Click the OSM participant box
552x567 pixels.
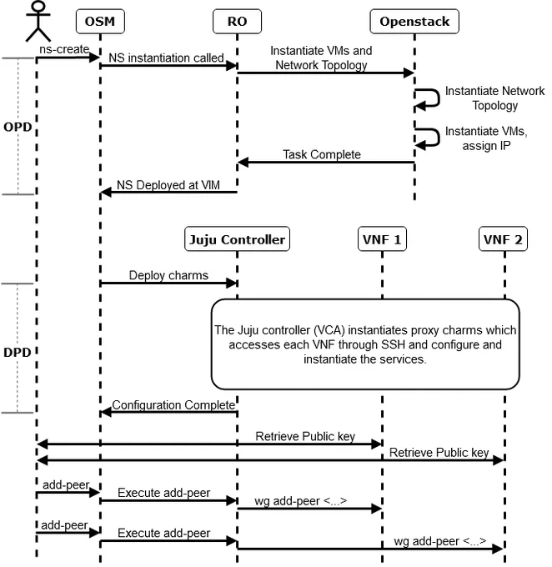pos(100,22)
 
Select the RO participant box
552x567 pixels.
pos(237,22)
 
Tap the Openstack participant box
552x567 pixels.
pos(414,22)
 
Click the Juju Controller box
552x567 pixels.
pos(237,239)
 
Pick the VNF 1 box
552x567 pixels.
pos(382,239)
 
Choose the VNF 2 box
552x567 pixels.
pos(503,239)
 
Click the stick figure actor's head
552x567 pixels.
pos(38,7)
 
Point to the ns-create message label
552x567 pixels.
pos(64,49)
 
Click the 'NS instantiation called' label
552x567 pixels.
pos(166,58)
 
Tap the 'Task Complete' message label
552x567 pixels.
pos(322,154)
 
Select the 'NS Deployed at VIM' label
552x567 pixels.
pos(168,185)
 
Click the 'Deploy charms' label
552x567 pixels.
pos(168,275)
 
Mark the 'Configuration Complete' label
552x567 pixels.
pos(173,405)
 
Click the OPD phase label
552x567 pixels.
pos(18,127)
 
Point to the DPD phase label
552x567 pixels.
pos(17,352)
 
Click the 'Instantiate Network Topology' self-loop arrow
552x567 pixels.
pos(439,98)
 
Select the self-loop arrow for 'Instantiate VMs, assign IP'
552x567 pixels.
pos(439,138)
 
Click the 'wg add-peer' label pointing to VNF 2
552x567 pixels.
pos(440,541)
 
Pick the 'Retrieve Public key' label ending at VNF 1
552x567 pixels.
pos(305,436)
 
